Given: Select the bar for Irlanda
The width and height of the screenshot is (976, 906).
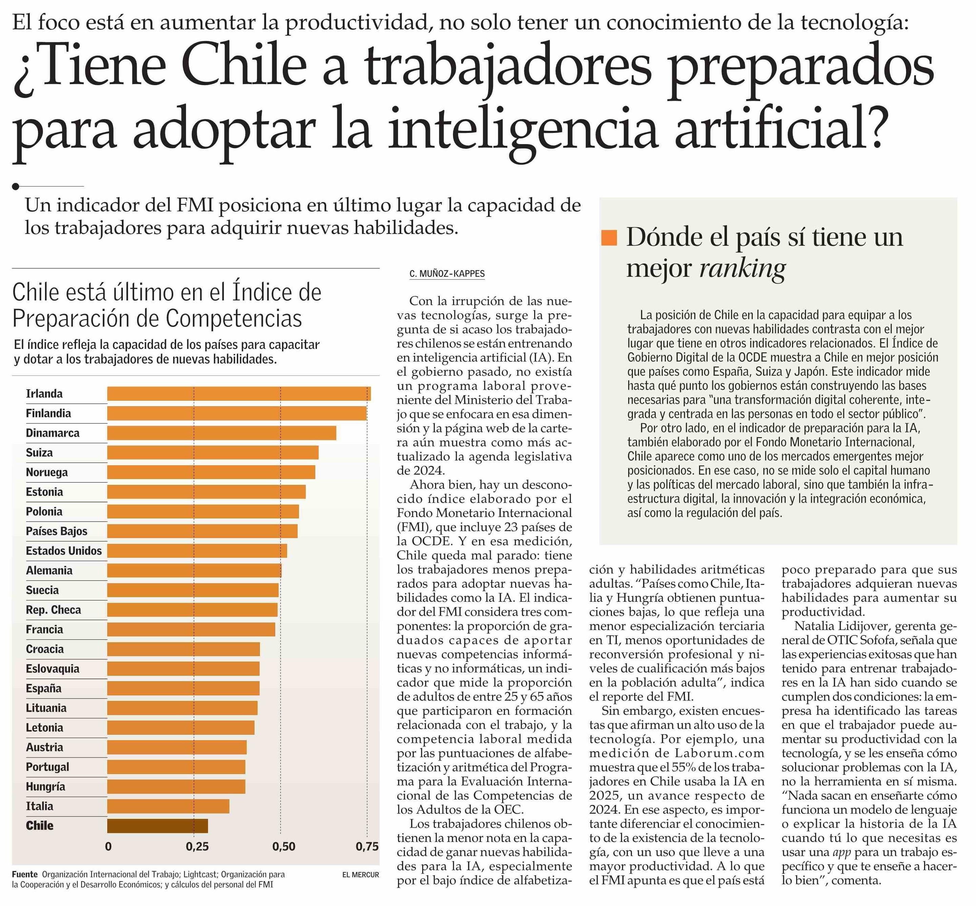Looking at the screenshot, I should pos(239,394).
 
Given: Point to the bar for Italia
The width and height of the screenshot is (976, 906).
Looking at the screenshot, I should pos(168,806).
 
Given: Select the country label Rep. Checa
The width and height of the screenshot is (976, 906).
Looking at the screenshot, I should pos(53,609).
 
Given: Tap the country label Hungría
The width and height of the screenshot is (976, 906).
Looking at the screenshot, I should pos(45,786).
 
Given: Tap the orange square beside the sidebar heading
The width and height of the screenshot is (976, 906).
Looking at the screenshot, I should pos(609,237).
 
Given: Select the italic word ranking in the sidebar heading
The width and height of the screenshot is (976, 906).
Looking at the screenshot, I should pos(742,268).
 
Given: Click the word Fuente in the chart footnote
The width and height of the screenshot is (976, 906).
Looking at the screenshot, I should pos(24,874).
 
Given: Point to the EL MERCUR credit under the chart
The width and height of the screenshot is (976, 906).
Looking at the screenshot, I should pos(361,874).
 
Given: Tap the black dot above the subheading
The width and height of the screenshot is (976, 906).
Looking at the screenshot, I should pos(16,186).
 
